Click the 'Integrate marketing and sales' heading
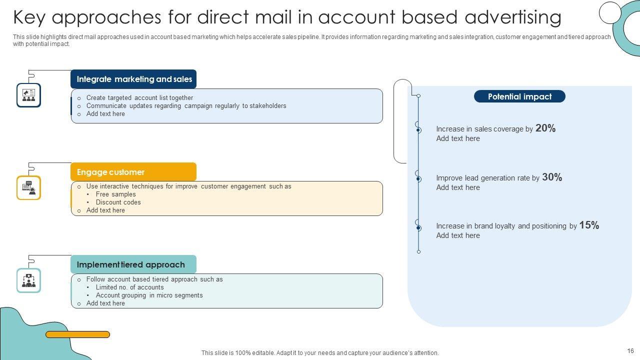click(134, 79)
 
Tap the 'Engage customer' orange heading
click(110, 172)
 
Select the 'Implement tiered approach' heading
click(131, 264)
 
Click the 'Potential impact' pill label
click(519, 96)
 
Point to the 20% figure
click(545, 128)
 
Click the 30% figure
click(552, 177)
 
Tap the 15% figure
click(589, 225)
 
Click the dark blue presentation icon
click(28, 95)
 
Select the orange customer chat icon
click(28, 188)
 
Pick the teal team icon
click(28, 280)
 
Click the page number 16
click(630, 351)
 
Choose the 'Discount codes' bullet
click(118, 202)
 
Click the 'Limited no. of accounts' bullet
click(129, 287)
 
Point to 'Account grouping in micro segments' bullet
click(149, 295)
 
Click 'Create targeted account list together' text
click(139, 98)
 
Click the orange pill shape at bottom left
click(77, 334)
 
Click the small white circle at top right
click(609, 12)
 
